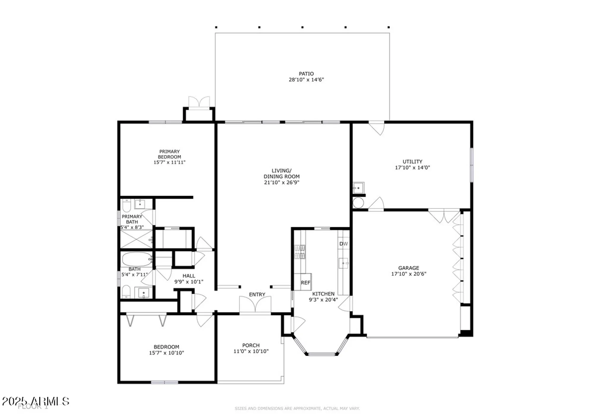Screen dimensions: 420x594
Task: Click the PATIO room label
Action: point(306,74)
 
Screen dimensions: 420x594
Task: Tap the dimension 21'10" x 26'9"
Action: point(282,182)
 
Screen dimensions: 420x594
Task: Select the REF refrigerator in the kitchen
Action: point(305,282)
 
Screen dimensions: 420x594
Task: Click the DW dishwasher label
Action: point(343,244)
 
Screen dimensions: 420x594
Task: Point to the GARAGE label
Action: point(409,268)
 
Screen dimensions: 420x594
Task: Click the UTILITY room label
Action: point(412,161)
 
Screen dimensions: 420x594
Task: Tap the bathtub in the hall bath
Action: point(137,259)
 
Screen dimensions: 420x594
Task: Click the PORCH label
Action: point(251,345)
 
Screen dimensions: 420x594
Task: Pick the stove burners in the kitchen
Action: point(300,252)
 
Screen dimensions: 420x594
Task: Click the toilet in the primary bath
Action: point(127,205)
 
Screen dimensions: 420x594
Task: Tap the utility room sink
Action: point(358,188)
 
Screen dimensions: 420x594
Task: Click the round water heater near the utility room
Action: point(358,203)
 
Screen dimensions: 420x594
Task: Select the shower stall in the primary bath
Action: point(136,239)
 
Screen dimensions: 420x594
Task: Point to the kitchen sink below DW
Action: point(343,263)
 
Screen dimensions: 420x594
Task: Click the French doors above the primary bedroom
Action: point(199,103)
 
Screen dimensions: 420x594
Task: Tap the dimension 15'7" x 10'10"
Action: point(166,353)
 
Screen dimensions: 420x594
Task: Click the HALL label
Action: point(189,276)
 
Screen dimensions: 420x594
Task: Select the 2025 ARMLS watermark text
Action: point(36,401)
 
